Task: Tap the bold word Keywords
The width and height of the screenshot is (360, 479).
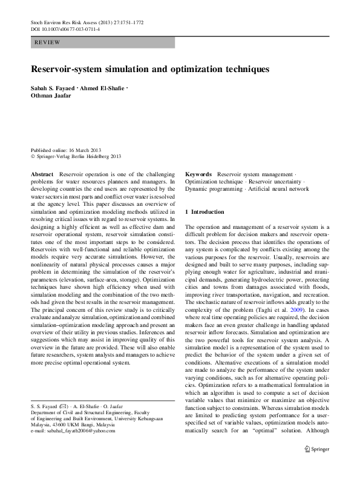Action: click(198, 174)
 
